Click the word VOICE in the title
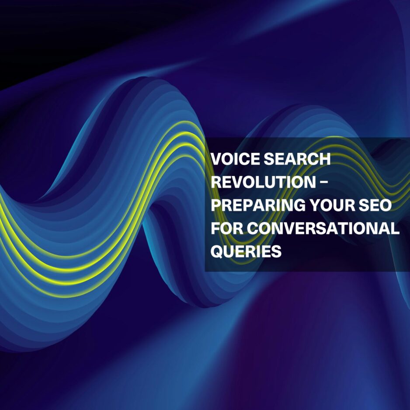[x=236, y=159]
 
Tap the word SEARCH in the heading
[x=297, y=159]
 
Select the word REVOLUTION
[x=263, y=182]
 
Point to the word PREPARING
[x=258, y=205]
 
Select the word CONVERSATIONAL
[x=323, y=228]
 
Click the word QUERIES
[x=246, y=251]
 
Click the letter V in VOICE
[x=216, y=159]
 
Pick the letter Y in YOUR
[x=315, y=205]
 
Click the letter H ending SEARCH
[x=325, y=159]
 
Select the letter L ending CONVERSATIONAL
[x=395, y=228]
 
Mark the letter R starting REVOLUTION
[x=216, y=182]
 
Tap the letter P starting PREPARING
[x=216, y=205]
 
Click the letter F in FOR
[x=216, y=228]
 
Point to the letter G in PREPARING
[x=299, y=205]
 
